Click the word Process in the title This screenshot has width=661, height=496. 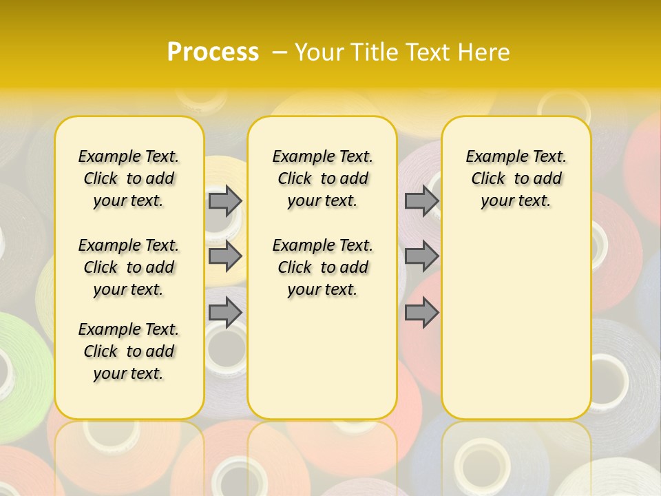tap(213, 52)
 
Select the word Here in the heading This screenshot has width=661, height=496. tap(484, 52)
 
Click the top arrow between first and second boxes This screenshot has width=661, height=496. tap(225, 200)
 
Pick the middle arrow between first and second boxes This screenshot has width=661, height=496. tap(225, 256)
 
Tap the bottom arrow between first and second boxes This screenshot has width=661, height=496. tap(225, 313)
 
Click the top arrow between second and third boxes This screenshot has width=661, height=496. tap(421, 200)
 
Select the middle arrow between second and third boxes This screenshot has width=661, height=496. tap(421, 256)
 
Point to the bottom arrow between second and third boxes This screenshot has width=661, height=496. tap(421, 313)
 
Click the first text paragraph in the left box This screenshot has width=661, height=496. tap(129, 178)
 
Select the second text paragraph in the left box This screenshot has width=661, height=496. tap(129, 267)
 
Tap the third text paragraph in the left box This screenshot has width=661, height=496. tap(129, 351)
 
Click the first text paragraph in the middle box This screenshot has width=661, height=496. tap(323, 178)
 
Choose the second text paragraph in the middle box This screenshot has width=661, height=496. tap(323, 267)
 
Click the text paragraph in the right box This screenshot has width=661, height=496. tap(516, 178)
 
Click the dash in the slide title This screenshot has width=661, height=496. tap(280, 52)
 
